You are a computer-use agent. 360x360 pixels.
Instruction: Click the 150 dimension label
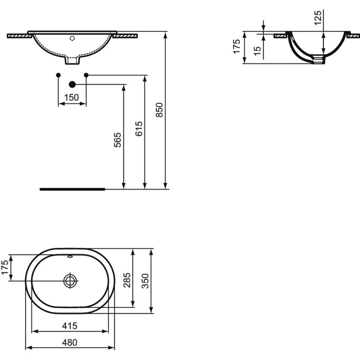tap(72, 97)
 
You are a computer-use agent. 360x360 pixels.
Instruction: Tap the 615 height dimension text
tap(139, 130)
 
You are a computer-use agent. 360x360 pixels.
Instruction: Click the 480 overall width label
tap(70, 342)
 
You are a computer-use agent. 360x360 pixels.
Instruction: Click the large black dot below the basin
tap(72, 84)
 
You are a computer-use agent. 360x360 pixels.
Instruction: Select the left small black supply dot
tap(58, 75)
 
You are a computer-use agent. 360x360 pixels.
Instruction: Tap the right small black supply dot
tap(86, 75)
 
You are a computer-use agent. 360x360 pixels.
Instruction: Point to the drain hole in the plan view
tap(70, 281)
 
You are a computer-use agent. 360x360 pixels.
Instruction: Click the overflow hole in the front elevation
tap(72, 38)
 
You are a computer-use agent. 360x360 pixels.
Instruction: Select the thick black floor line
tap(72, 189)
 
